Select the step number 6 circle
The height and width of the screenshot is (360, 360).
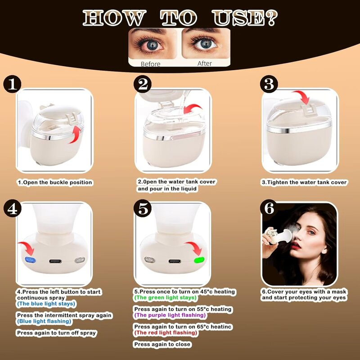270,209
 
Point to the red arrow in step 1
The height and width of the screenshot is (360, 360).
76,134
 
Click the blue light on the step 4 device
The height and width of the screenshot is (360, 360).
31,260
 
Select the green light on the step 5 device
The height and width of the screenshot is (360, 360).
198,260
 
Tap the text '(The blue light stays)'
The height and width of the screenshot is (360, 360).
46,304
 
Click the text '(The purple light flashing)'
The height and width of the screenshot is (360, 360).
170,315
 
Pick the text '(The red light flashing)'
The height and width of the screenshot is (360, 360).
166,333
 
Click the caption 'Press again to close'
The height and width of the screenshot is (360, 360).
162,344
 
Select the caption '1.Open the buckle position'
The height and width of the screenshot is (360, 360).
55,183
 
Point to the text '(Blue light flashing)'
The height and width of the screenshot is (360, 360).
44,321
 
